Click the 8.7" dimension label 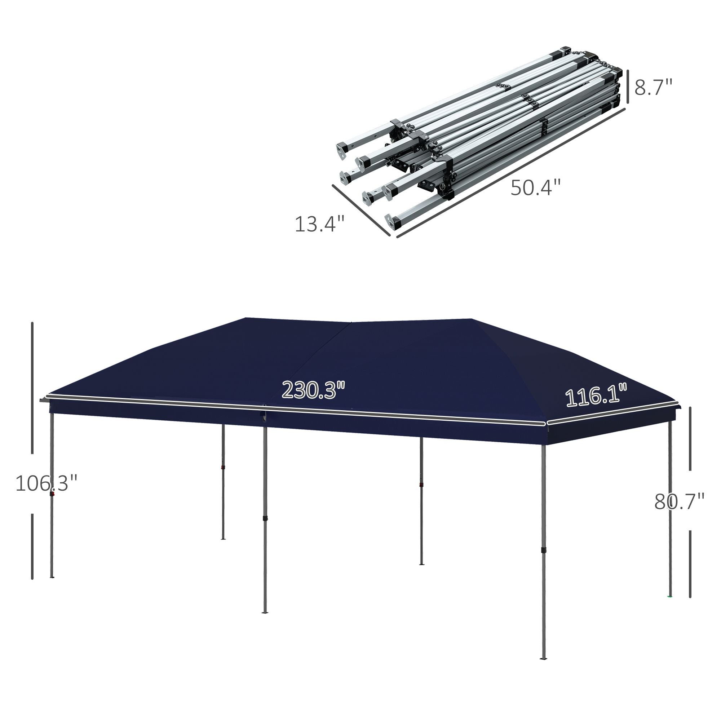pyautogui.click(x=653, y=88)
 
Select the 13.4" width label pyautogui.click(x=319, y=224)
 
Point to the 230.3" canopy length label pyautogui.click(x=313, y=390)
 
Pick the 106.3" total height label pyautogui.click(x=46, y=483)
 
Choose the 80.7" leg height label pyautogui.click(x=679, y=501)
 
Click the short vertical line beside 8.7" pyautogui.click(x=628, y=87)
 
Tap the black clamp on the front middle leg pyautogui.click(x=265, y=519)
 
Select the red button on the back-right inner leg pyautogui.click(x=421, y=485)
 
